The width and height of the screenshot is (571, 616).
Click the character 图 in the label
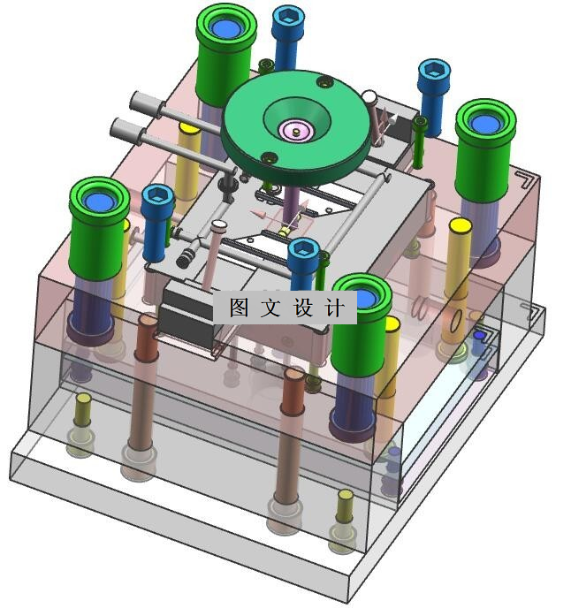point(240,308)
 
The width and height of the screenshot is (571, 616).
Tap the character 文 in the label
point(270,308)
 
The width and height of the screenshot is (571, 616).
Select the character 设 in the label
point(302,308)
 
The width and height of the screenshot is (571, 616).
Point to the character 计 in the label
point(335,308)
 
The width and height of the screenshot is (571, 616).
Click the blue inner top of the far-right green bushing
point(486,124)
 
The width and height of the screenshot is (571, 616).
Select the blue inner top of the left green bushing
point(99,202)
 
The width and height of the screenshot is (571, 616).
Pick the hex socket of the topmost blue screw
point(288,19)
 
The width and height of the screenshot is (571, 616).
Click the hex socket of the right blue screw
point(434,72)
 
